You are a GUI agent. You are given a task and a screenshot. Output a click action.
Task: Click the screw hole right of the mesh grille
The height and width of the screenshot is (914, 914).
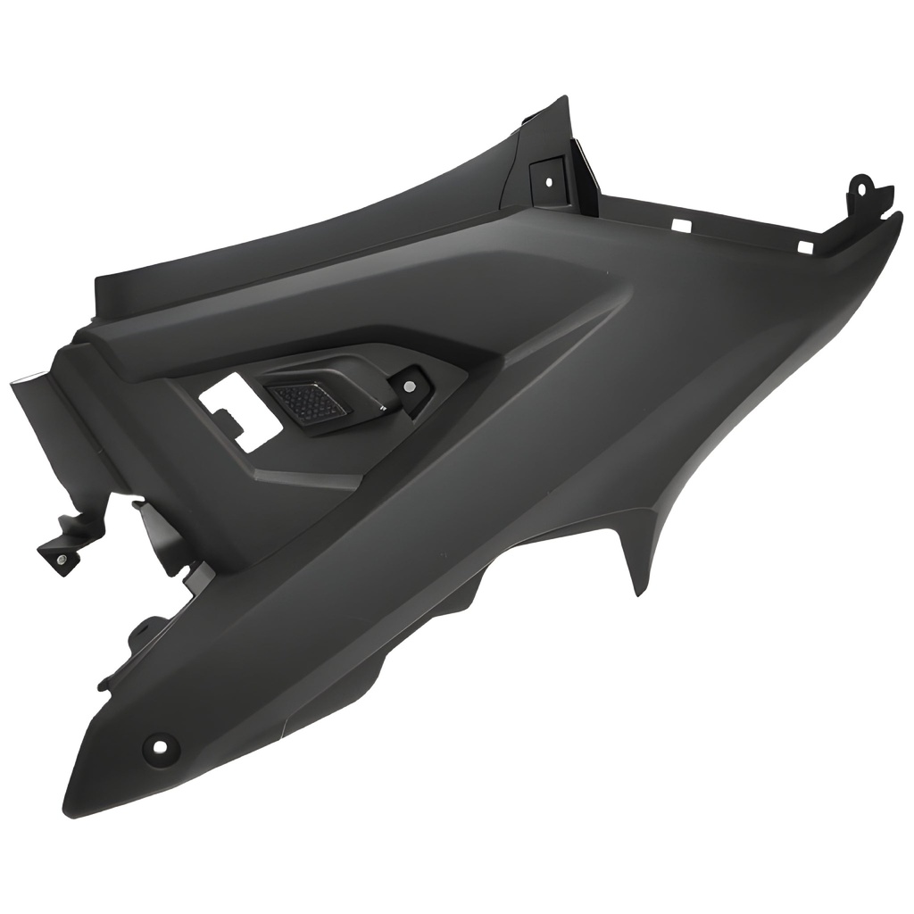click(x=409, y=386)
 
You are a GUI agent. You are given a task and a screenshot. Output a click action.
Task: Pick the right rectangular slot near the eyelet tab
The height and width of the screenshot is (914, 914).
click(x=804, y=245)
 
